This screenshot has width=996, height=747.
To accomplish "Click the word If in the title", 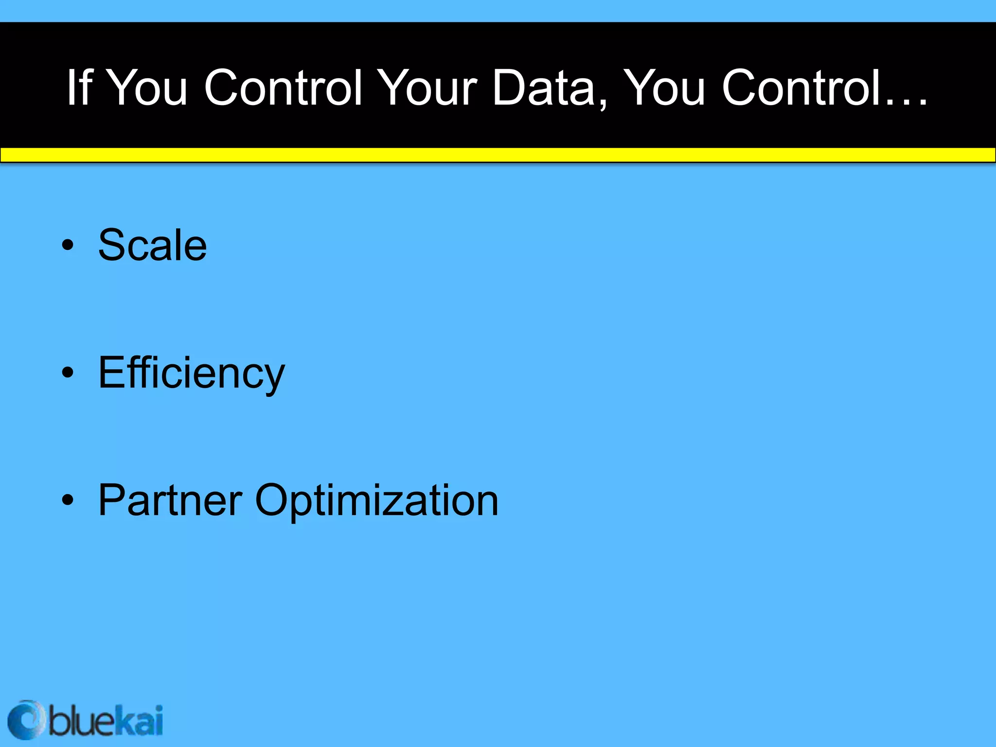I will pyautogui.click(x=79, y=88).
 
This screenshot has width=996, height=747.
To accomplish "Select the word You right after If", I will pyautogui.click(x=146, y=88).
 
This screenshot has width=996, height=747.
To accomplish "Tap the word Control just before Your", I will pyautogui.click(x=284, y=88).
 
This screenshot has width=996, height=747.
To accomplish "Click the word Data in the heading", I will pyautogui.click(x=544, y=88).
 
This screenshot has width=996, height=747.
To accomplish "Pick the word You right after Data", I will pyautogui.click(x=664, y=88).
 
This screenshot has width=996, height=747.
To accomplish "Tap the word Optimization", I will pyautogui.click(x=376, y=501).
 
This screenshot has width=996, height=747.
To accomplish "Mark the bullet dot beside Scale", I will pyautogui.click(x=68, y=245).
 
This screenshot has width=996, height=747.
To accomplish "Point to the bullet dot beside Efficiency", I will pyautogui.click(x=68, y=373).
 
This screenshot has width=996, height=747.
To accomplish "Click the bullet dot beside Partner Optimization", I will pyautogui.click(x=68, y=500).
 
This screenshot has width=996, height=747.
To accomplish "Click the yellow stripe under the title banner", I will pyautogui.click(x=498, y=155).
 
